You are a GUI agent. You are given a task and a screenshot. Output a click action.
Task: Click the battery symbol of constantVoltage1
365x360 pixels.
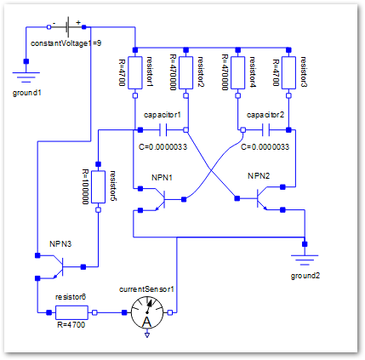(x=67, y=27)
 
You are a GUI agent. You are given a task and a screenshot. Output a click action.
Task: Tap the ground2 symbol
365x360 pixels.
(x=305, y=260)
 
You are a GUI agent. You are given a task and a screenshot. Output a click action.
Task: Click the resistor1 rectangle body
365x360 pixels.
(x=135, y=72)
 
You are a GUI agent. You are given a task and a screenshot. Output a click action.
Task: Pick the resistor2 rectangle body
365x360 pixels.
(x=186, y=72)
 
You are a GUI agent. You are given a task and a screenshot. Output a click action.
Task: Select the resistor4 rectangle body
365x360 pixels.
(x=238, y=72)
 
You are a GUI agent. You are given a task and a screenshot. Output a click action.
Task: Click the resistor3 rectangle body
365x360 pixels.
(x=288, y=72)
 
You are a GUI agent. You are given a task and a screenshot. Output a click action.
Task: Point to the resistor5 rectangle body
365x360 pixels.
(x=98, y=186)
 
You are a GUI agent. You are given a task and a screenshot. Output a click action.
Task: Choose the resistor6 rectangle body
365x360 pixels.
(x=71, y=312)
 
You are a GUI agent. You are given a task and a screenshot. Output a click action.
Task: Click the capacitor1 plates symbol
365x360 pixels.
(x=163, y=130)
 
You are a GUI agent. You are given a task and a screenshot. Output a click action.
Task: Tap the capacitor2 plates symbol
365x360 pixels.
(x=265, y=130)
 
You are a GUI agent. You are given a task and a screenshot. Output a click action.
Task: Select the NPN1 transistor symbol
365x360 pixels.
(x=160, y=200)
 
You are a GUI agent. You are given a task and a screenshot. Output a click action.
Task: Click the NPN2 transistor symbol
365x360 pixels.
(x=261, y=198)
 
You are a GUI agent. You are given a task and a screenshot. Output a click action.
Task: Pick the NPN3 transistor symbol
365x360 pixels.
(x=58, y=267)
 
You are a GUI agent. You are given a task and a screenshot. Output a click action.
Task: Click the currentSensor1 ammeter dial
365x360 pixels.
(x=147, y=313)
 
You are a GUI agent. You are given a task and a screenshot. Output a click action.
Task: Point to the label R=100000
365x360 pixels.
(x=85, y=186)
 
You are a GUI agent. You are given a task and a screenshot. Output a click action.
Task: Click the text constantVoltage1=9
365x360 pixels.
(x=66, y=43)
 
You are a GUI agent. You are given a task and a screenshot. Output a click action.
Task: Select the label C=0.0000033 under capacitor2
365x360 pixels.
(x=265, y=147)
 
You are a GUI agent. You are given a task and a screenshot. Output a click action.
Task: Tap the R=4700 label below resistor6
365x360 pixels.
(x=71, y=324)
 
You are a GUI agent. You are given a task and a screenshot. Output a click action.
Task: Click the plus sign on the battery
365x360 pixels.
(x=78, y=22)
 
